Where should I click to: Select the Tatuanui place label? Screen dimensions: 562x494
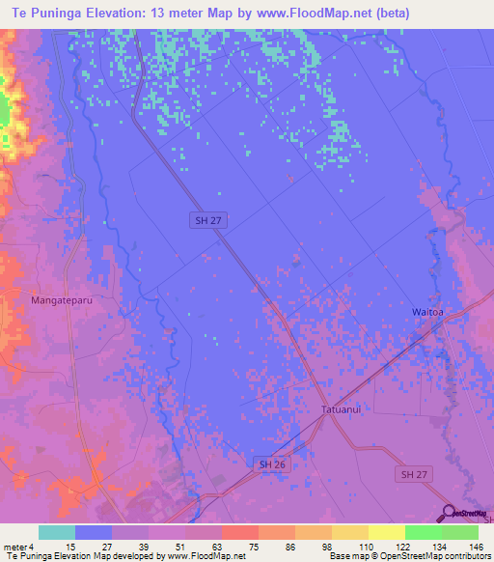343,409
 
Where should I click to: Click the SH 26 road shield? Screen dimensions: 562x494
270,464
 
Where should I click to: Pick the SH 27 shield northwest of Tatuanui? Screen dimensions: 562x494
203,221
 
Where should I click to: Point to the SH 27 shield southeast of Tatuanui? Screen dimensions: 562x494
412,474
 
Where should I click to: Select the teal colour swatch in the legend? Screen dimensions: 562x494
57,532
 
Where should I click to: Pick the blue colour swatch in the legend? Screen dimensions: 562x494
94,532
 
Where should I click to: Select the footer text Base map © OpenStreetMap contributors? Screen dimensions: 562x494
408,556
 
